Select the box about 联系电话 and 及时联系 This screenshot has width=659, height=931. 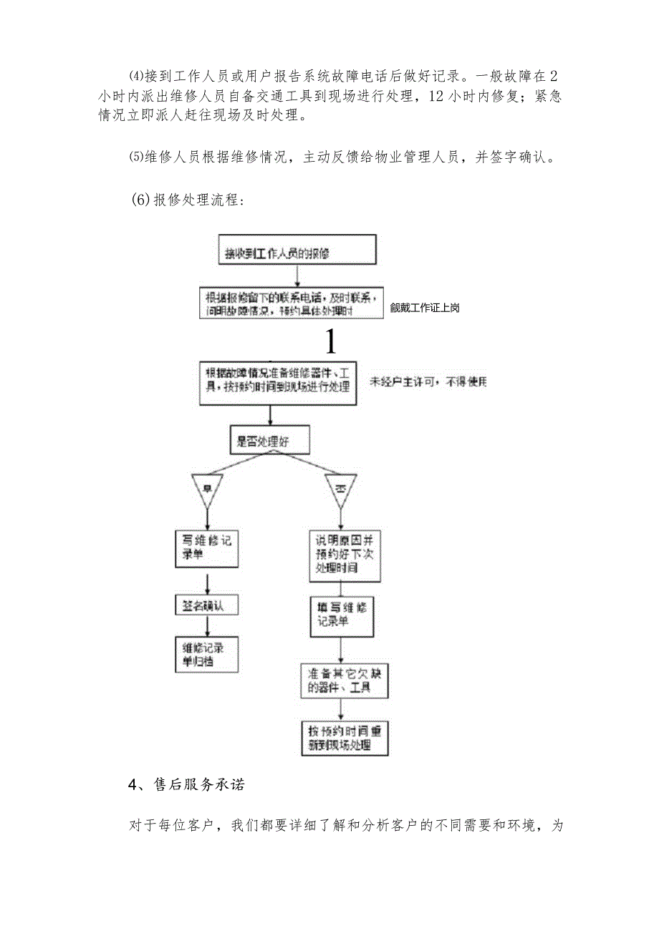292,303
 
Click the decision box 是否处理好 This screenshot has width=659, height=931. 269,441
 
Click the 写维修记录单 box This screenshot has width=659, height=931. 206,548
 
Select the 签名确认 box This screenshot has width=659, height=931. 206,605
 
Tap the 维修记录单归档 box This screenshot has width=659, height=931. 206,654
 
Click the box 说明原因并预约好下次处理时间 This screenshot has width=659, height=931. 345,555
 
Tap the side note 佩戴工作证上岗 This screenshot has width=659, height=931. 425,308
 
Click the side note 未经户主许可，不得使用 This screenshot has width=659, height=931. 428,382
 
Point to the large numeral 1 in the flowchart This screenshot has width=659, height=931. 330,342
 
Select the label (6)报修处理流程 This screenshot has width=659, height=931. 188,200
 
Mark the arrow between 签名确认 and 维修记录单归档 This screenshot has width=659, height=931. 206,625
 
